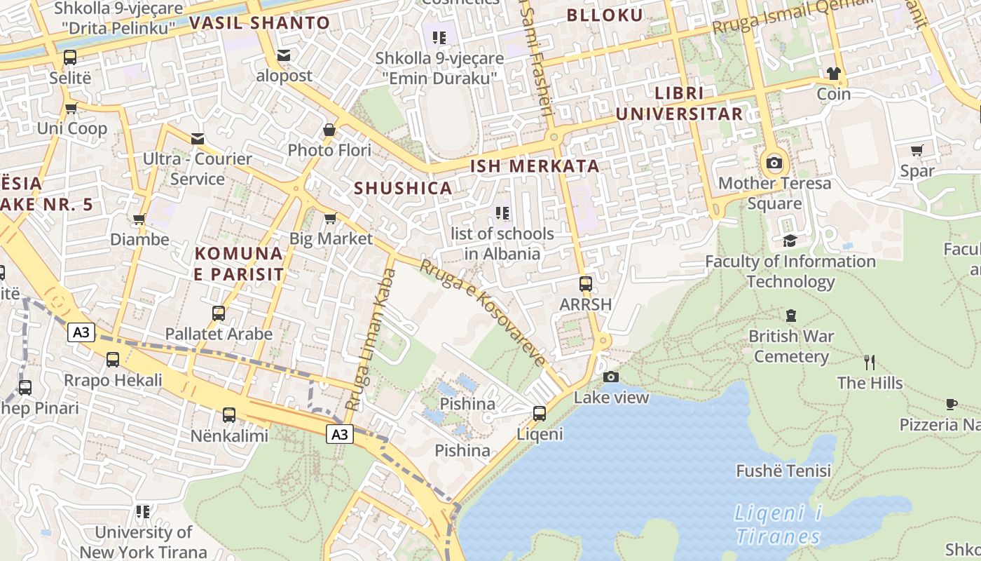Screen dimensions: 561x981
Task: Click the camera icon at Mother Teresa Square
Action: [x=774, y=163]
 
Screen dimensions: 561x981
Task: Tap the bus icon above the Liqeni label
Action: [x=539, y=413]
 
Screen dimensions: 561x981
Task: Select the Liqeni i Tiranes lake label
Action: [x=778, y=525]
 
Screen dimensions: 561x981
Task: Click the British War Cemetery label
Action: [x=791, y=346]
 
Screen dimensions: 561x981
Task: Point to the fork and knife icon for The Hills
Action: [x=870, y=363]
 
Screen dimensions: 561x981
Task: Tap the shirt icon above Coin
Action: [x=833, y=74]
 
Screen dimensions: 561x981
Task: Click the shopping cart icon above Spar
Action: [x=917, y=150]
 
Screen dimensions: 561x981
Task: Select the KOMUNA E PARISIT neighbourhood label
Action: [x=239, y=264]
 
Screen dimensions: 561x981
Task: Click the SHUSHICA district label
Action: [x=403, y=188]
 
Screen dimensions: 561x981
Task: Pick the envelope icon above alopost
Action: [x=284, y=55]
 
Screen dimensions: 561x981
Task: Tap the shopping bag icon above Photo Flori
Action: [x=329, y=130]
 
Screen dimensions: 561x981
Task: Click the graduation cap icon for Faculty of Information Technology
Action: [x=790, y=241]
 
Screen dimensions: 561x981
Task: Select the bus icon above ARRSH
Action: [x=586, y=284]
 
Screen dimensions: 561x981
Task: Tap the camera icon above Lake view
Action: [x=611, y=377]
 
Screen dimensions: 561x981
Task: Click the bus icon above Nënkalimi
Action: [x=229, y=415]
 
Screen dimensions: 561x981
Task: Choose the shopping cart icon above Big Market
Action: [x=331, y=218]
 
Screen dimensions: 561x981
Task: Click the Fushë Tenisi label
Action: [x=783, y=471]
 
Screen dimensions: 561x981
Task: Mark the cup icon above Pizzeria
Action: [x=951, y=404]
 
